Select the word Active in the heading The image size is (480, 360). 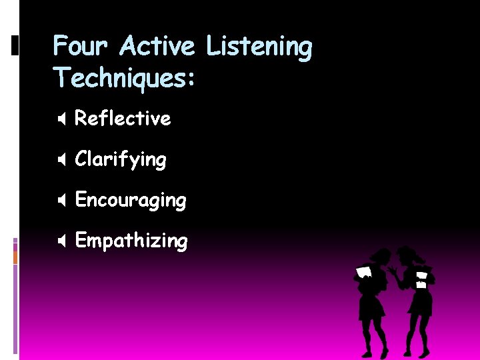(157, 47)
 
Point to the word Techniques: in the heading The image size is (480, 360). (125, 77)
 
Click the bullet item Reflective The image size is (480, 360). (123, 119)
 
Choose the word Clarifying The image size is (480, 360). (121, 160)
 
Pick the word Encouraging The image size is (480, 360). (131, 201)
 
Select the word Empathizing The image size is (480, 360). (131, 241)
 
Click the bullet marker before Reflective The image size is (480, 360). (61, 119)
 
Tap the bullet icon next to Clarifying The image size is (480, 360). (61, 160)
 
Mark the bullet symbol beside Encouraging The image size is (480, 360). (61, 201)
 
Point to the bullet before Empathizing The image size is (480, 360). (61, 241)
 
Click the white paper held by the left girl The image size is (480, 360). (363, 273)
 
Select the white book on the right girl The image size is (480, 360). (421, 279)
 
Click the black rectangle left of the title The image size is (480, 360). (15, 45)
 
